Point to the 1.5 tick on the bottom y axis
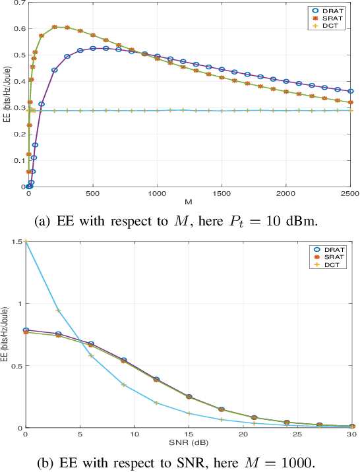tap(18, 242)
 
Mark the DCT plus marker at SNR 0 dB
tap(26, 242)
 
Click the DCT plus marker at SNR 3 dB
tap(58, 310)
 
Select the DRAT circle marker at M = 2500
tap(351, 92)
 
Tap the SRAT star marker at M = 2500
tap(351, 102)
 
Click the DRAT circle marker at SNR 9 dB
tap(123, 361)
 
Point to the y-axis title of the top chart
tap(6, 94)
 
